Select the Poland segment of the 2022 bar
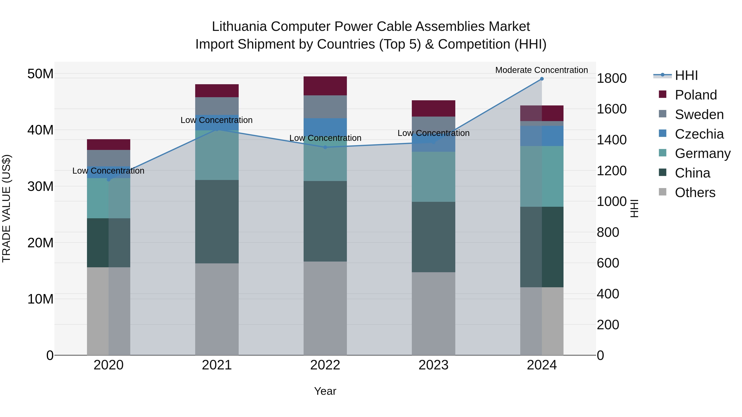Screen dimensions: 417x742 coord(325,86)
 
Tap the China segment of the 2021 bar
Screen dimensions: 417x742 coord(217,222)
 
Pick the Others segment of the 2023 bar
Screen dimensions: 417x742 coord(433,314)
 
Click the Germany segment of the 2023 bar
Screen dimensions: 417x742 coord(433,177)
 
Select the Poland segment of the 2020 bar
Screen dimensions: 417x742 coord(109,145)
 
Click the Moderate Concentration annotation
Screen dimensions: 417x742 coord(541,70)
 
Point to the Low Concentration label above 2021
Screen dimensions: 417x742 coord(217,120)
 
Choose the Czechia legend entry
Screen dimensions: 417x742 coord(699,134)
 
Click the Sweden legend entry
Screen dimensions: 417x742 coord(699,114)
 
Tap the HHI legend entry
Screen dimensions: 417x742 coord(686,75)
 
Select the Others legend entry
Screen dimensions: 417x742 coord(695,193)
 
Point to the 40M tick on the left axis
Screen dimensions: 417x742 coord(40,130)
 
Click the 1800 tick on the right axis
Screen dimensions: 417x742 coord(612,78)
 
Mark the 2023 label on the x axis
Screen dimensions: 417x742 coord(433,365)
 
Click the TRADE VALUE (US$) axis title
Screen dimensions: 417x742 coord(6,208)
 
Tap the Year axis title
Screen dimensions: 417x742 coord(325,391)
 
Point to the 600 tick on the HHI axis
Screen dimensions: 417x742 coord(608,263)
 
